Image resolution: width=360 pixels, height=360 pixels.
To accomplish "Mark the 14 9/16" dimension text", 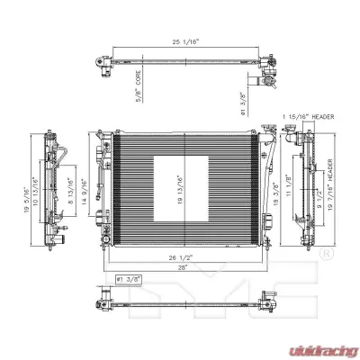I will (x=85, y=192).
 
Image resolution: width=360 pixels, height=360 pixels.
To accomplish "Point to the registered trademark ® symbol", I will (x=326, y=255).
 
